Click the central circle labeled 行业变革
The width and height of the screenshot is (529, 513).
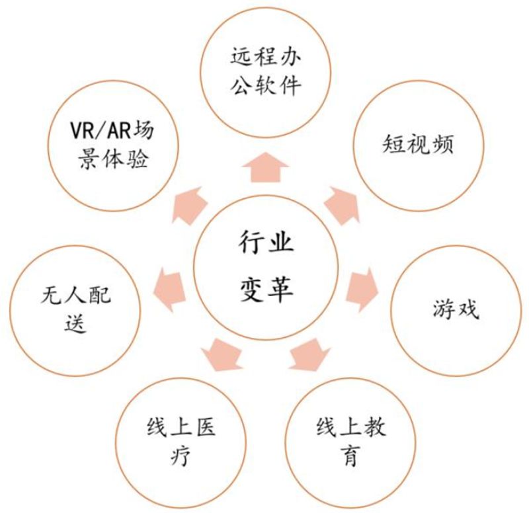click(266, 268)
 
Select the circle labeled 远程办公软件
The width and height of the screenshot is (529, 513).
click(266, 72)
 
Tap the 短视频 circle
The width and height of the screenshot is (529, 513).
click(419, 145)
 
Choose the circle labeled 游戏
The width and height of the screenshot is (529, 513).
click(456, 310)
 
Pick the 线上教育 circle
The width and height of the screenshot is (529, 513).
click(351, 442)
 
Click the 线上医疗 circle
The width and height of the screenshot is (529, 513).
click(181, 442)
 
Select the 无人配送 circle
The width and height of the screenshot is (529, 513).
click(75, 310)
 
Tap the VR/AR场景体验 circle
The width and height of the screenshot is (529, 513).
click(113, 145)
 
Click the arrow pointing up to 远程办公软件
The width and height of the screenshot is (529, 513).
click(266, 168)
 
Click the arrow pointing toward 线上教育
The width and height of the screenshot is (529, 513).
click(309, 355)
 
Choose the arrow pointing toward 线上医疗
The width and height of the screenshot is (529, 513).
click(222, 355)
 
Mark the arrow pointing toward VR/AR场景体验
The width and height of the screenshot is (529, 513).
click(190, 206)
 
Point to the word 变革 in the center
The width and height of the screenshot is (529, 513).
click(266, 290)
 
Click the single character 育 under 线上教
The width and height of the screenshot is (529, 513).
click(350, 455)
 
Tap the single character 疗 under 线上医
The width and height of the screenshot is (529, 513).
click(181, 455)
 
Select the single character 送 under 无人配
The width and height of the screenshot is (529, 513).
click(75, 323)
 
